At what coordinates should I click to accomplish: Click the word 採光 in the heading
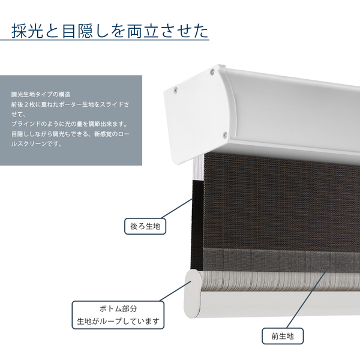click(29, 29)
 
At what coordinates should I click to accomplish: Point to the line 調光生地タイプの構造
click(41, 95)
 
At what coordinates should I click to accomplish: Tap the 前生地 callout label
click(283, 335)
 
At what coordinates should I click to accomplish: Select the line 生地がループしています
click(118, 322)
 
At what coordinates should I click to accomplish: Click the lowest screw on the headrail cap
click(224, 134)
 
